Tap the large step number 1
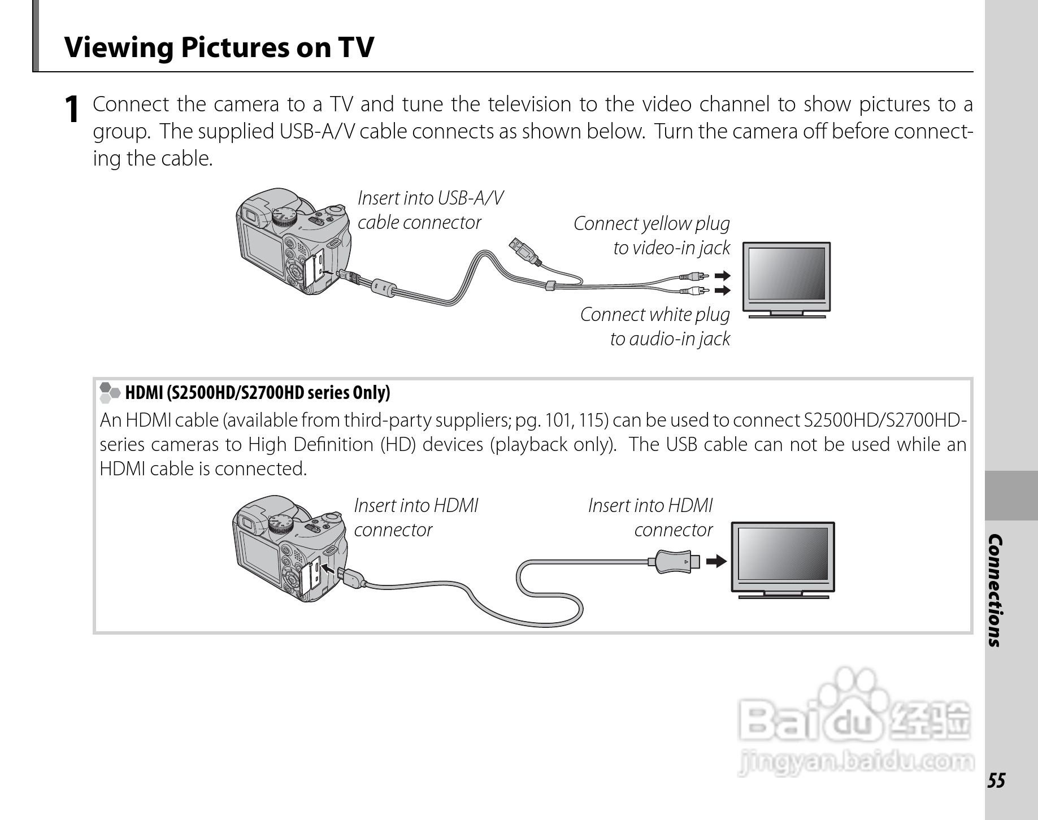pos(72,110)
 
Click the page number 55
pos(997,780)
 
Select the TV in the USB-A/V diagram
pos(786,279)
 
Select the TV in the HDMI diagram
pos(783,559)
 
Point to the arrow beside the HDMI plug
pos(716,562)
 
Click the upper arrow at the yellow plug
pos(722,276)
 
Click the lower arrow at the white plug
pos(722,290)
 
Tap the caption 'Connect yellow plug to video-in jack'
pos(652,236)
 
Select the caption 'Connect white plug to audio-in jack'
pos(655,327)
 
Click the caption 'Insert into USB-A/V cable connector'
pos(429,210)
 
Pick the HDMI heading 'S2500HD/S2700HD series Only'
pos(257,393)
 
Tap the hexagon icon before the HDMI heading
pos(110,392)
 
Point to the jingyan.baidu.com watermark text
pos(855,762)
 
